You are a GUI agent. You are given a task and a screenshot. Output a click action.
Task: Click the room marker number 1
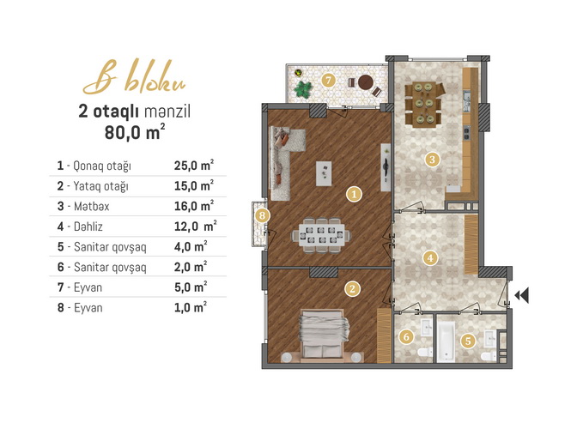pyautogui.click(x=355, y=194)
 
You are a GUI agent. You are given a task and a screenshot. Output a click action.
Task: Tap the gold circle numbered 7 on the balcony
pyautogui.click(x=329, y=80)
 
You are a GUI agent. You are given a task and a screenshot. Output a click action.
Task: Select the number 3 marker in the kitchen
pyautogui.click(x=432, y=160)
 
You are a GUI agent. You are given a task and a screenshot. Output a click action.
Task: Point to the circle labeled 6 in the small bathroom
pyautogui.click(x=406, y=336)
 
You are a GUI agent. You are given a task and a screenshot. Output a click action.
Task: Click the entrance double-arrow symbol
pyautogui.click(x=522, y=295)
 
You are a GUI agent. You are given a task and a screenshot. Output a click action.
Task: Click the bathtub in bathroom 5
pyautogui.click(x=446, y=341)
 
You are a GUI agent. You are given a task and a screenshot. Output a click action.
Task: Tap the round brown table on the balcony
pyautogui.click(x=366, y=82)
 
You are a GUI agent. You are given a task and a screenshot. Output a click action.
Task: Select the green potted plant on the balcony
pyautogui.click(x=303, y=90)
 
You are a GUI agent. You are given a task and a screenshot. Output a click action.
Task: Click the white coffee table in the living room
pyautogui.click(x=324, y=173)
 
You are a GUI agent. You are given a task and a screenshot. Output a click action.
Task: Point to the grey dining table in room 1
pyautogui.click(x=321, y=235)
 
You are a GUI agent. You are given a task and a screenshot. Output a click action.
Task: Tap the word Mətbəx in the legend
pyautogui.click(x=91, y=206)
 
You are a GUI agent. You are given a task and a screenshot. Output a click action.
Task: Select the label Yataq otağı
pyautogui.click(x=100, y=186)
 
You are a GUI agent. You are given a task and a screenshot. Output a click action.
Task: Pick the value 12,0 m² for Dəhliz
pyautogui.click(x=196, y=227)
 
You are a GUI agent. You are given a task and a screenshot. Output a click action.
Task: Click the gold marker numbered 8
pyautogui.click(x=262, y=215)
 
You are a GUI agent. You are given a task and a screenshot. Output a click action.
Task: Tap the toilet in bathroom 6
pyautogui.click(x=425, y=352)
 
